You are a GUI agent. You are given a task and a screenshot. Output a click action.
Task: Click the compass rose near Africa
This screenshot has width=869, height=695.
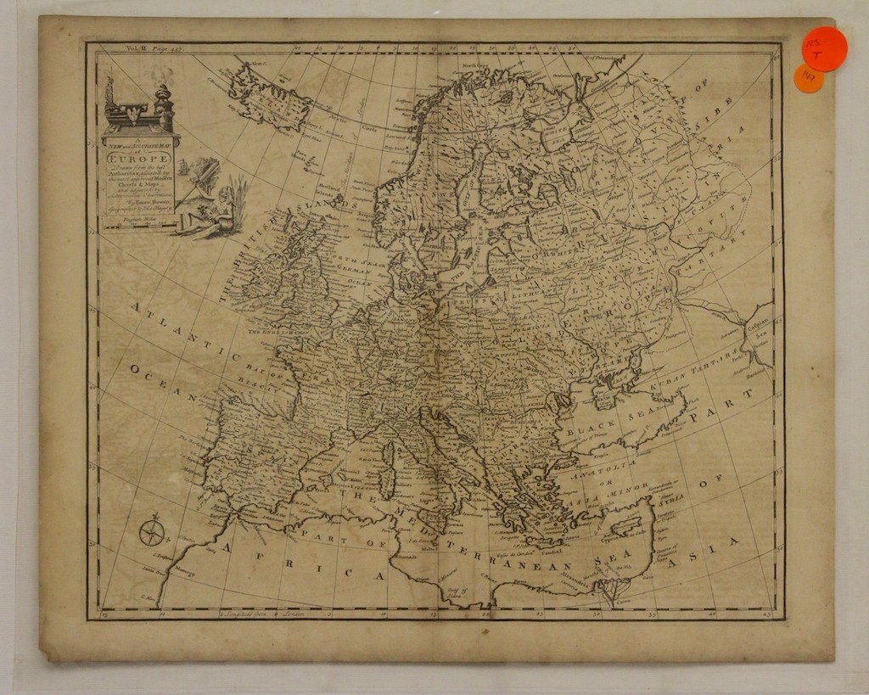152,532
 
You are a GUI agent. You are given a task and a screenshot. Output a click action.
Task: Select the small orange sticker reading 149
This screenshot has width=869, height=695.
808,79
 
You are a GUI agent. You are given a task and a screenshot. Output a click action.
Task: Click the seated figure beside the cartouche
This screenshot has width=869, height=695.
216,212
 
